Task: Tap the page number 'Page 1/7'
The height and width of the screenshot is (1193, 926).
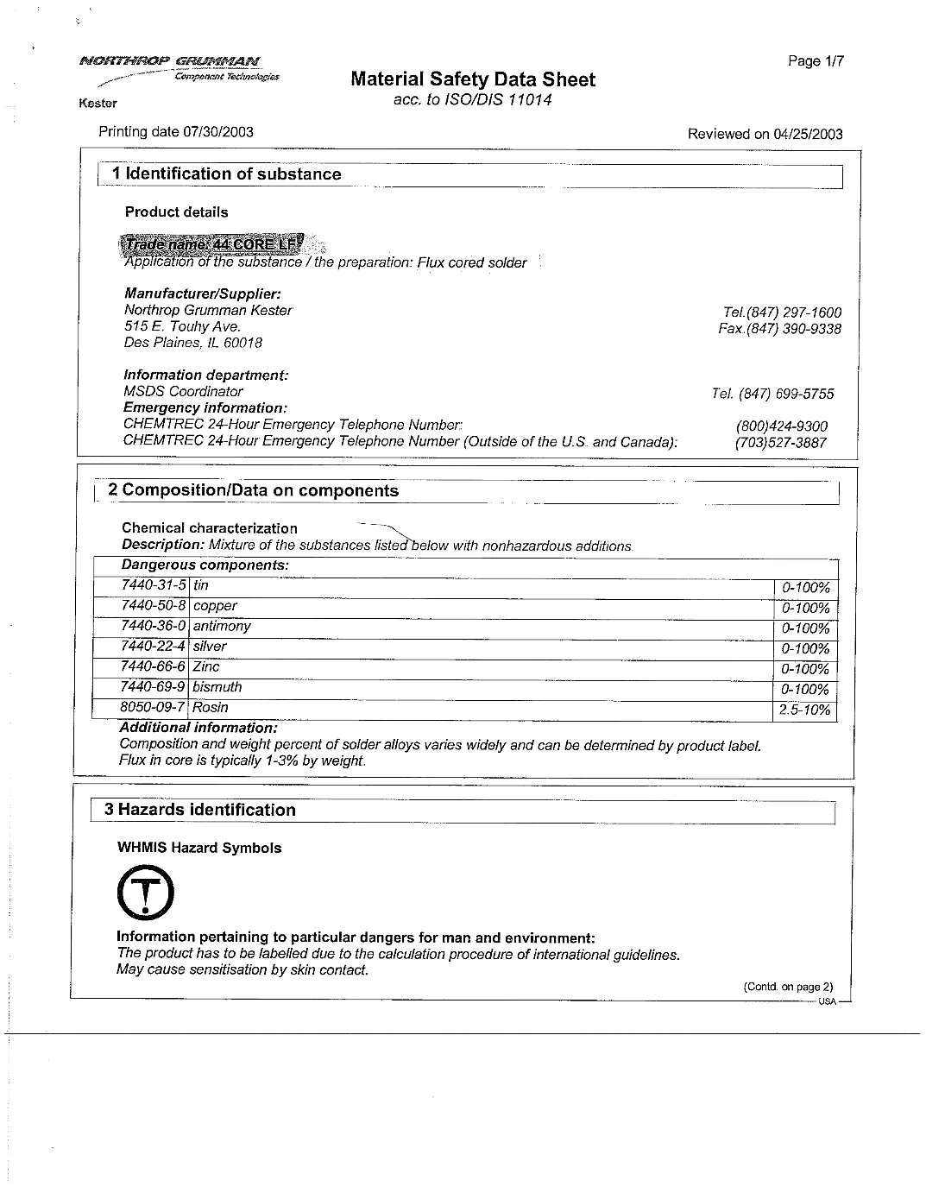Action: pos(815,61)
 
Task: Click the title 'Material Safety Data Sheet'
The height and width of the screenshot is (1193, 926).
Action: pos(473,80)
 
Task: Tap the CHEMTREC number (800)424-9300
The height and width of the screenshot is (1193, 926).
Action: pos(781,426)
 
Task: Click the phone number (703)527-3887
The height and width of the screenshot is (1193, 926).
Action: pos(780,443)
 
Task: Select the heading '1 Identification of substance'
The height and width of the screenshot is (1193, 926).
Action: pos(226,174)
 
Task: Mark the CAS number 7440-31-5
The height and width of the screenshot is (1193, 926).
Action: pos(153,585)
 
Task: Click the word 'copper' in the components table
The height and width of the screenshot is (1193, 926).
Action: pos(215,606)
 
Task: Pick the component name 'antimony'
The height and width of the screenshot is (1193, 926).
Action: pos(222,626)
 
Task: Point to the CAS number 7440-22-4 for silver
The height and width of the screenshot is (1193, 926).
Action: pos(153,647)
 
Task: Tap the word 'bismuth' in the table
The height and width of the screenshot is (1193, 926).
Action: pos(217,687)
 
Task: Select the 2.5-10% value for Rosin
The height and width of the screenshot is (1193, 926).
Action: pos(804,710)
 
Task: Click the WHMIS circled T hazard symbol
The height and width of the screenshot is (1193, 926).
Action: pos(145,893)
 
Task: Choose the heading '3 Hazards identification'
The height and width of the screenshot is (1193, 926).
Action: pos(200,810)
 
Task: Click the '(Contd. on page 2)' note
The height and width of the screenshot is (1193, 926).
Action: pos(788,988)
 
